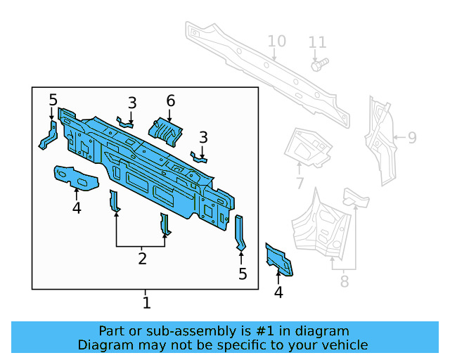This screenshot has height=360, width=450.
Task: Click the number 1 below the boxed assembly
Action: coord(146,303)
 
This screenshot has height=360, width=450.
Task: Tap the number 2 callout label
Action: coord(142,259)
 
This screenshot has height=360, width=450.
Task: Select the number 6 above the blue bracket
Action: coord(170,101)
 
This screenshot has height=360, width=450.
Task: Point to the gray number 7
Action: coord(300,184)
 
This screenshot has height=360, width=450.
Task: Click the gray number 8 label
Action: coord(344,282)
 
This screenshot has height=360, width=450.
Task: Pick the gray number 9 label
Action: coord(412,138)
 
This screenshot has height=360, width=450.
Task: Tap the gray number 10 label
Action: coord(277,41)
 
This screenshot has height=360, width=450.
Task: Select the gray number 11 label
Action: coord(318,43)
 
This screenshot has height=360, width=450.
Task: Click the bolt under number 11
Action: coord(318,64)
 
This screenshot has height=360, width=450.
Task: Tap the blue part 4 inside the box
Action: coord(75,176)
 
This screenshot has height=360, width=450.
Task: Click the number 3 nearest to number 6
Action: coord(131,103)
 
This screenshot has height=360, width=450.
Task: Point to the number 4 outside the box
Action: coord(278,292)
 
